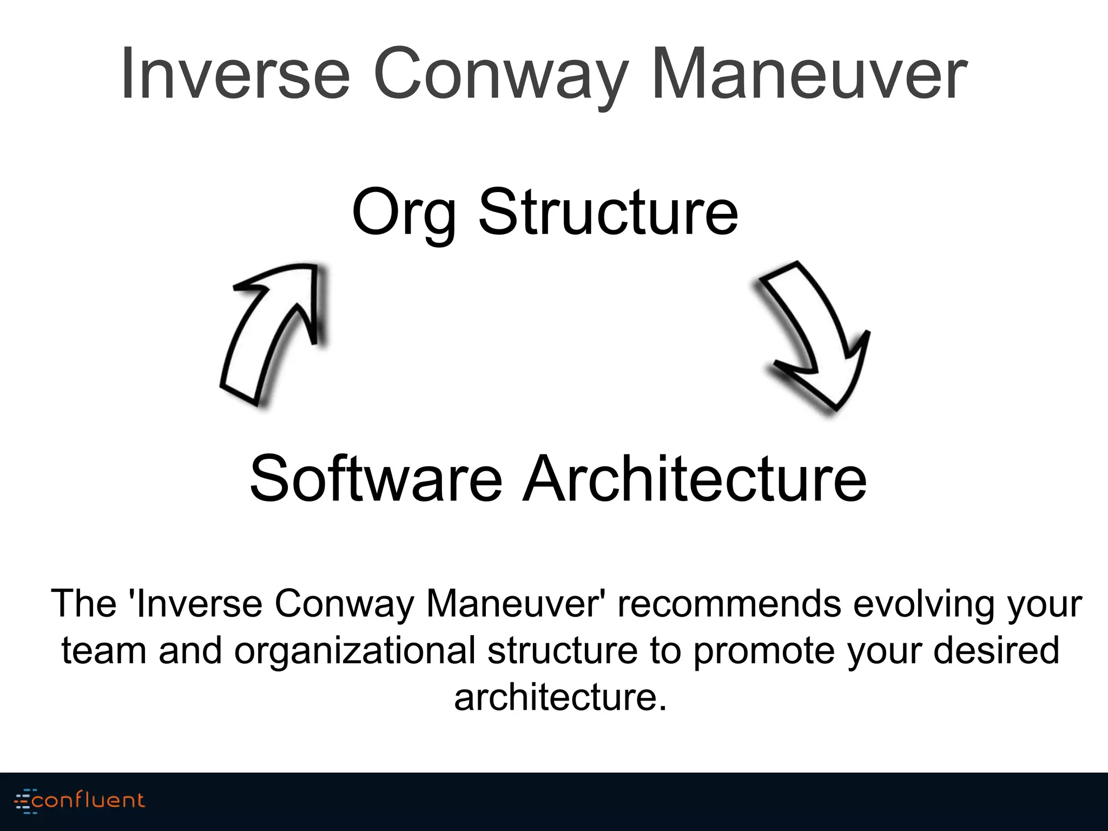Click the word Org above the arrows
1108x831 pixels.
coord(403,212)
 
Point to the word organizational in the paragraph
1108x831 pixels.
coord(354,651)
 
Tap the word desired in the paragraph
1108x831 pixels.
coord(996,650)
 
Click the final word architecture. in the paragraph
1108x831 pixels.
coord(560,697)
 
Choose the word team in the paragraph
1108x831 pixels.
coord(103,650)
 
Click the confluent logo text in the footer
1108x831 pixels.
coord(88,800)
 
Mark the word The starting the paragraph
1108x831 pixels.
coord(84,603)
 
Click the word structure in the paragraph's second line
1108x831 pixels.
coord(562,650)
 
